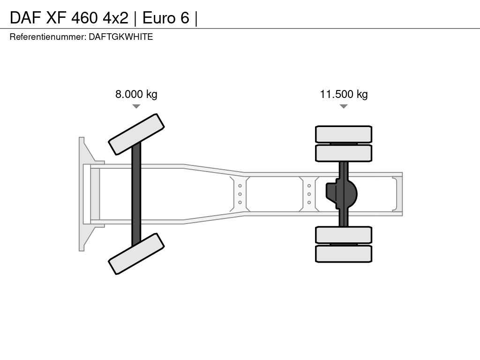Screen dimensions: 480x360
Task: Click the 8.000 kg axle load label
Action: click(136, 94)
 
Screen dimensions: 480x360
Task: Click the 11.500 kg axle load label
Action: click(344, 94)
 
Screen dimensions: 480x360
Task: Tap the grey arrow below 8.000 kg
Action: click(136, 106)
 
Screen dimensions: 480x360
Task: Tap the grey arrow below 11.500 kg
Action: click(344, 106)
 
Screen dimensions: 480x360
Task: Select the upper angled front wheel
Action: click(136, 134)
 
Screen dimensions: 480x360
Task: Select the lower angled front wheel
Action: click(136, 254)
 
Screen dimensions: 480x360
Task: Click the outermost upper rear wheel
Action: click(344, 134)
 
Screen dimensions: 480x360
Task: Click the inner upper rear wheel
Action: click(344, 153)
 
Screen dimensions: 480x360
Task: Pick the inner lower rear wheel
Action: click(344, 235)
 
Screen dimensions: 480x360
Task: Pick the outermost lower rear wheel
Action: click(344, 254)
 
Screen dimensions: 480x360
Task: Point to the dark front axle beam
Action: click(136, 194)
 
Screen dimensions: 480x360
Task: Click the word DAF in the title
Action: click(26, 18)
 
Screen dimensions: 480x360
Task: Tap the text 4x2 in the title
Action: click(115, 18)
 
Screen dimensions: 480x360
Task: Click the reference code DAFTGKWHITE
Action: click(121, 37)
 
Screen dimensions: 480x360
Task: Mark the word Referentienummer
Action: click(48, 37)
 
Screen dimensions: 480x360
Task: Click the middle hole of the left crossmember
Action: click(240, 194)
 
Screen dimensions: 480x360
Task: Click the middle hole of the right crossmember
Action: click(309, 194)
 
